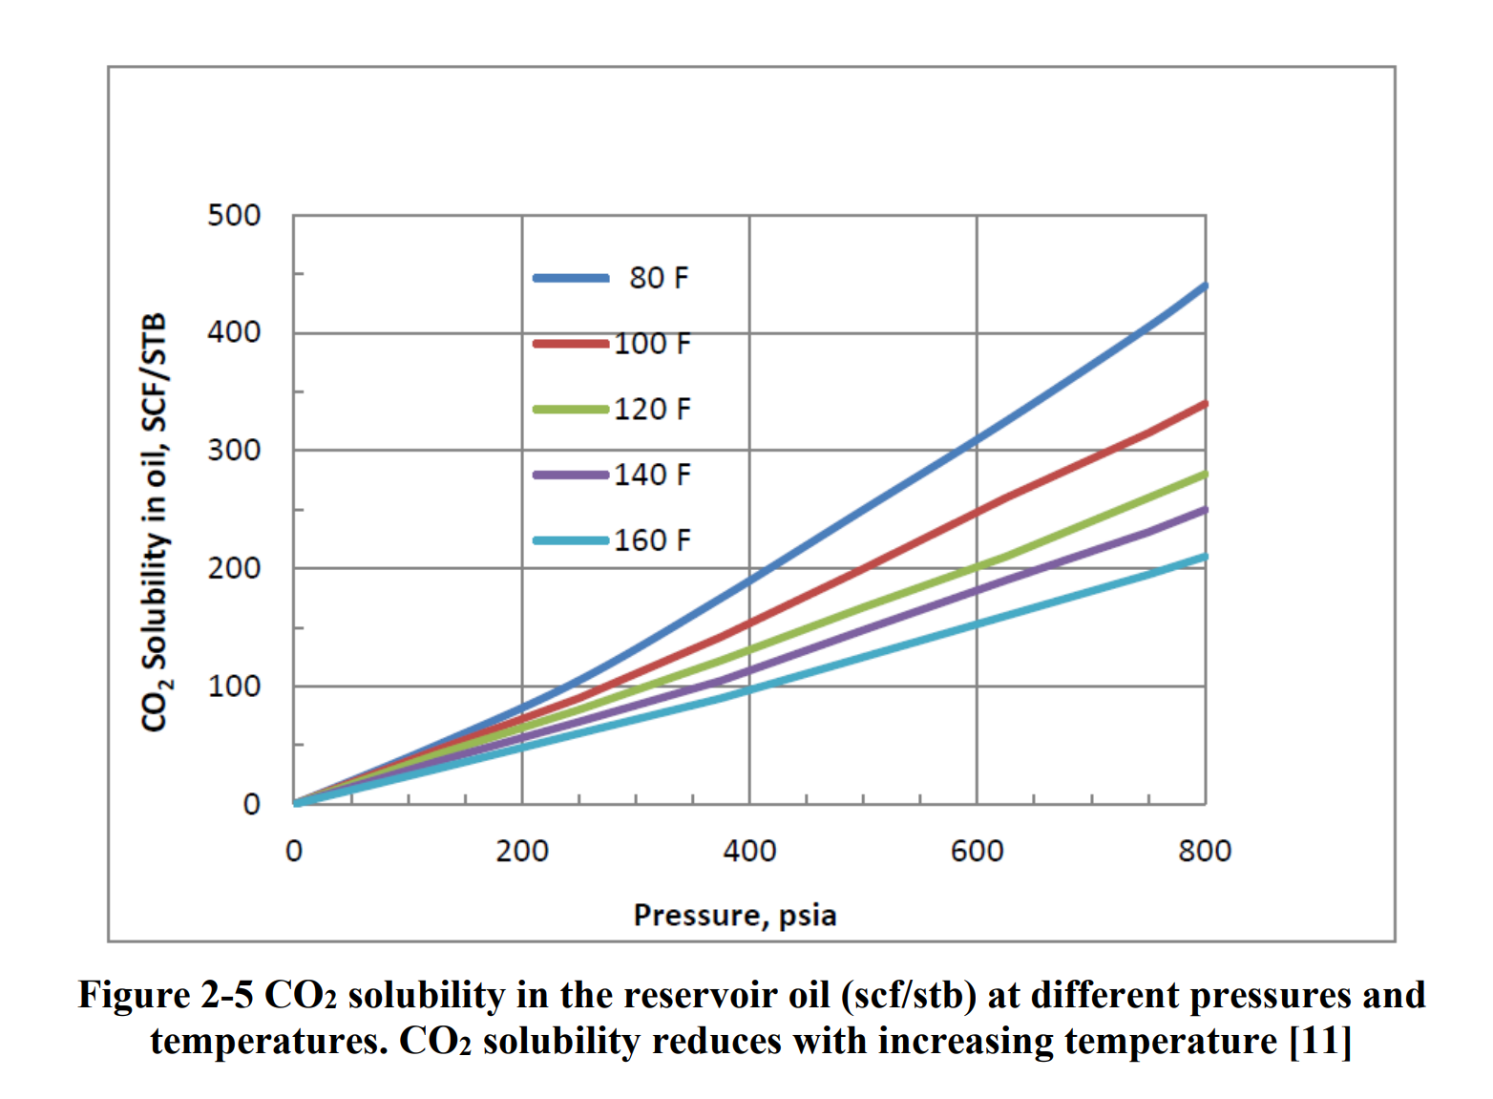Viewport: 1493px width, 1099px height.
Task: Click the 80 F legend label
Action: click(659, 278)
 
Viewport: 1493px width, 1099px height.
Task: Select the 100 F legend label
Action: click(652, 344)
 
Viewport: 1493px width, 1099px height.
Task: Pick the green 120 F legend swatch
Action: click(571, 410)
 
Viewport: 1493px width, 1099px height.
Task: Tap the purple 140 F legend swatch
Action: click(571, 475)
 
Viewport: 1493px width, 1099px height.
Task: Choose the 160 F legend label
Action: click(652, 540)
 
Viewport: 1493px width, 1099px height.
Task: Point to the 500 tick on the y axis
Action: click(234, 216)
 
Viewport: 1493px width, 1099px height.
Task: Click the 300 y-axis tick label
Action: click(234, 450)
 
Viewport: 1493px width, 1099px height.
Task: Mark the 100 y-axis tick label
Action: click(234, 686)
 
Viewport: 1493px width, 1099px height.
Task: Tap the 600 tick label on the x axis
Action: click(977, 851)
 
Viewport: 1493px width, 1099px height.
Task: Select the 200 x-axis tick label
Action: click(521, 851)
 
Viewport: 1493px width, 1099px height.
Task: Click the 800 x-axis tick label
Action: click(1205, 851)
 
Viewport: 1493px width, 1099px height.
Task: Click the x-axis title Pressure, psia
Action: click(735, 915)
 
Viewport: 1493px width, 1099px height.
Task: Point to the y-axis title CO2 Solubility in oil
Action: click(155, 521)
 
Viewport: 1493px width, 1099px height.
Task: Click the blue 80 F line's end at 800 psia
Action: click(1204, 285)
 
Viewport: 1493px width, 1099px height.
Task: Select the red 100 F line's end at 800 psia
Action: click(1204, 404)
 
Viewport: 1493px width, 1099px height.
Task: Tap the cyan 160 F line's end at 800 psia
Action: click(1204, 557)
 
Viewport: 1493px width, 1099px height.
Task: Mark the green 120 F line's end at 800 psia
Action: click(1204, 475)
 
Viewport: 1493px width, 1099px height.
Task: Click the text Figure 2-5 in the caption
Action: click(165, 995)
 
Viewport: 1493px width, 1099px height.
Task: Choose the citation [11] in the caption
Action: click(1320, 1041)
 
